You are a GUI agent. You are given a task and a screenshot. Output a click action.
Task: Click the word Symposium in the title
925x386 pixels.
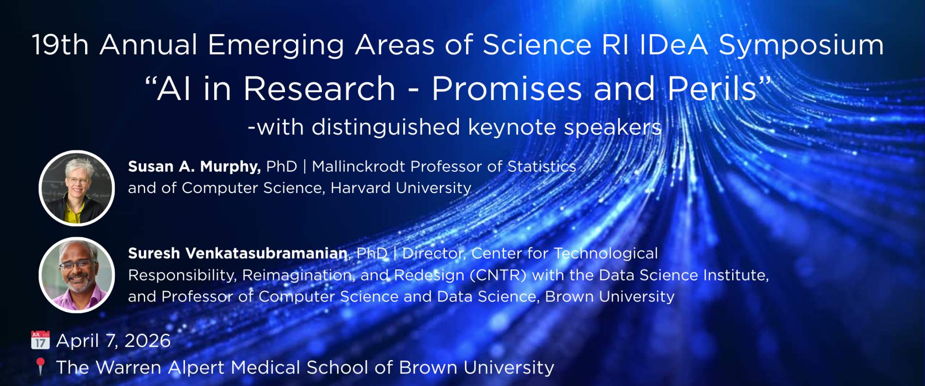click(x=801, y=45)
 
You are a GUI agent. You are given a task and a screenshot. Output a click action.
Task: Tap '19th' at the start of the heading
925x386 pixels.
click(x=60, y=45)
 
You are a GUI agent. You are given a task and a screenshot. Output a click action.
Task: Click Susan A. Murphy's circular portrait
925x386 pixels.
click(x=77, y=188)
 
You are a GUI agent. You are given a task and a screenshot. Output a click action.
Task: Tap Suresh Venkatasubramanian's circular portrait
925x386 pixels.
click(x=77, y=275)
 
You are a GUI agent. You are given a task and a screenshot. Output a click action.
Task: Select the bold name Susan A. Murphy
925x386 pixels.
click(x=194, y=167)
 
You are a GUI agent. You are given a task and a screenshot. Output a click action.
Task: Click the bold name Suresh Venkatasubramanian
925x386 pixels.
click(x=238, y=254)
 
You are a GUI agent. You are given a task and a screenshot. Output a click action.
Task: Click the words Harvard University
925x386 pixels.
click(x=401, y=188)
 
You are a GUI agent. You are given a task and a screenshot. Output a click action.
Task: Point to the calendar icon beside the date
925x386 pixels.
click(x=40, y=340)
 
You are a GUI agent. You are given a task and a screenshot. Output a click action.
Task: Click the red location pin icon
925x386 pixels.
click(x=40, y=366)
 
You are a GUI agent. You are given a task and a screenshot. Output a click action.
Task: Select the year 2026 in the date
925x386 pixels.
click(x=148, y=341)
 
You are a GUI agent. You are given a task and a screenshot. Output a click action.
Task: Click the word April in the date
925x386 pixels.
click(x=77, y=341)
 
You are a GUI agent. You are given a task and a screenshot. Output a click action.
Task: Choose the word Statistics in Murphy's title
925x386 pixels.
click(x=542, y=167)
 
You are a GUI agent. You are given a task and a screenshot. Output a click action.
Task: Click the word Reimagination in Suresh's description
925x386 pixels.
click(x=298, y=275)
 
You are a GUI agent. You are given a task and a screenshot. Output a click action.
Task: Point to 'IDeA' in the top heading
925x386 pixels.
click(x=674, y=45)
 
